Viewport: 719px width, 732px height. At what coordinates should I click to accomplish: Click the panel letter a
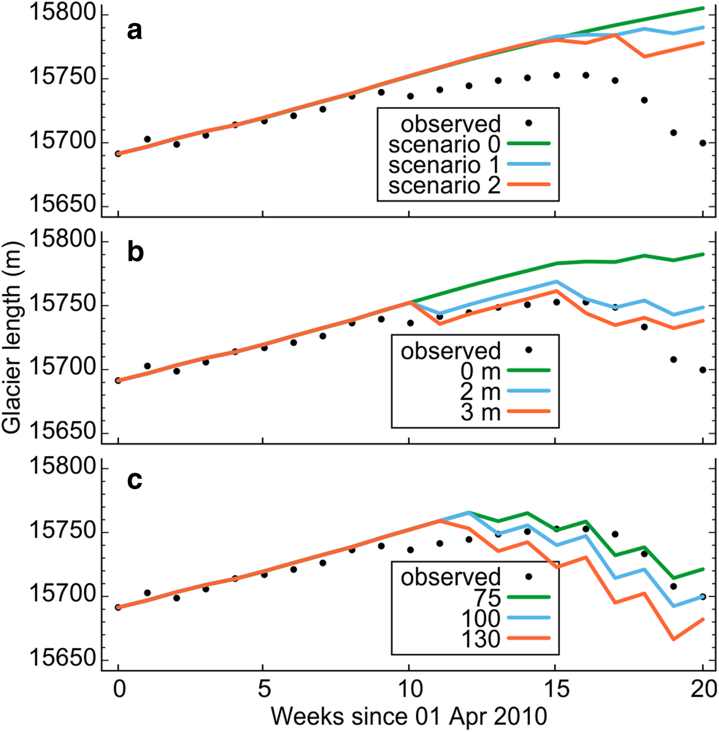(135, 31)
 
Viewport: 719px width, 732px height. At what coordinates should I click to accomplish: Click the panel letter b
(135, 253)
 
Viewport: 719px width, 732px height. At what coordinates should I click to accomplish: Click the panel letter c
(135, 480)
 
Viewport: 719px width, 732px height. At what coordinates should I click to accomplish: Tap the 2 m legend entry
(480, 392)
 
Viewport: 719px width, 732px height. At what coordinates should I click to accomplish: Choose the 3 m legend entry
(480, 412)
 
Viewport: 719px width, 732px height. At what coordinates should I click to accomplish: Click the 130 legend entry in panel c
(481, 639)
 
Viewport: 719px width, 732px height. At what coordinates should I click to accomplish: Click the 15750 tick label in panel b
(63, 304)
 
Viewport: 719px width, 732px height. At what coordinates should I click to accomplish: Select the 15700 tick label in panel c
(63, 594)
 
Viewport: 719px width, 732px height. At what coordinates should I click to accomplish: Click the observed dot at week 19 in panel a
(673, 133)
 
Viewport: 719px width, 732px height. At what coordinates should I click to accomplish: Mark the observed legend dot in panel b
(528, 350)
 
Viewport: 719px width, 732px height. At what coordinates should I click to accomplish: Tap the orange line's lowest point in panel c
(673, 640)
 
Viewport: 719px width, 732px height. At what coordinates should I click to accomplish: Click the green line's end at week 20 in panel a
(703, 8)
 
